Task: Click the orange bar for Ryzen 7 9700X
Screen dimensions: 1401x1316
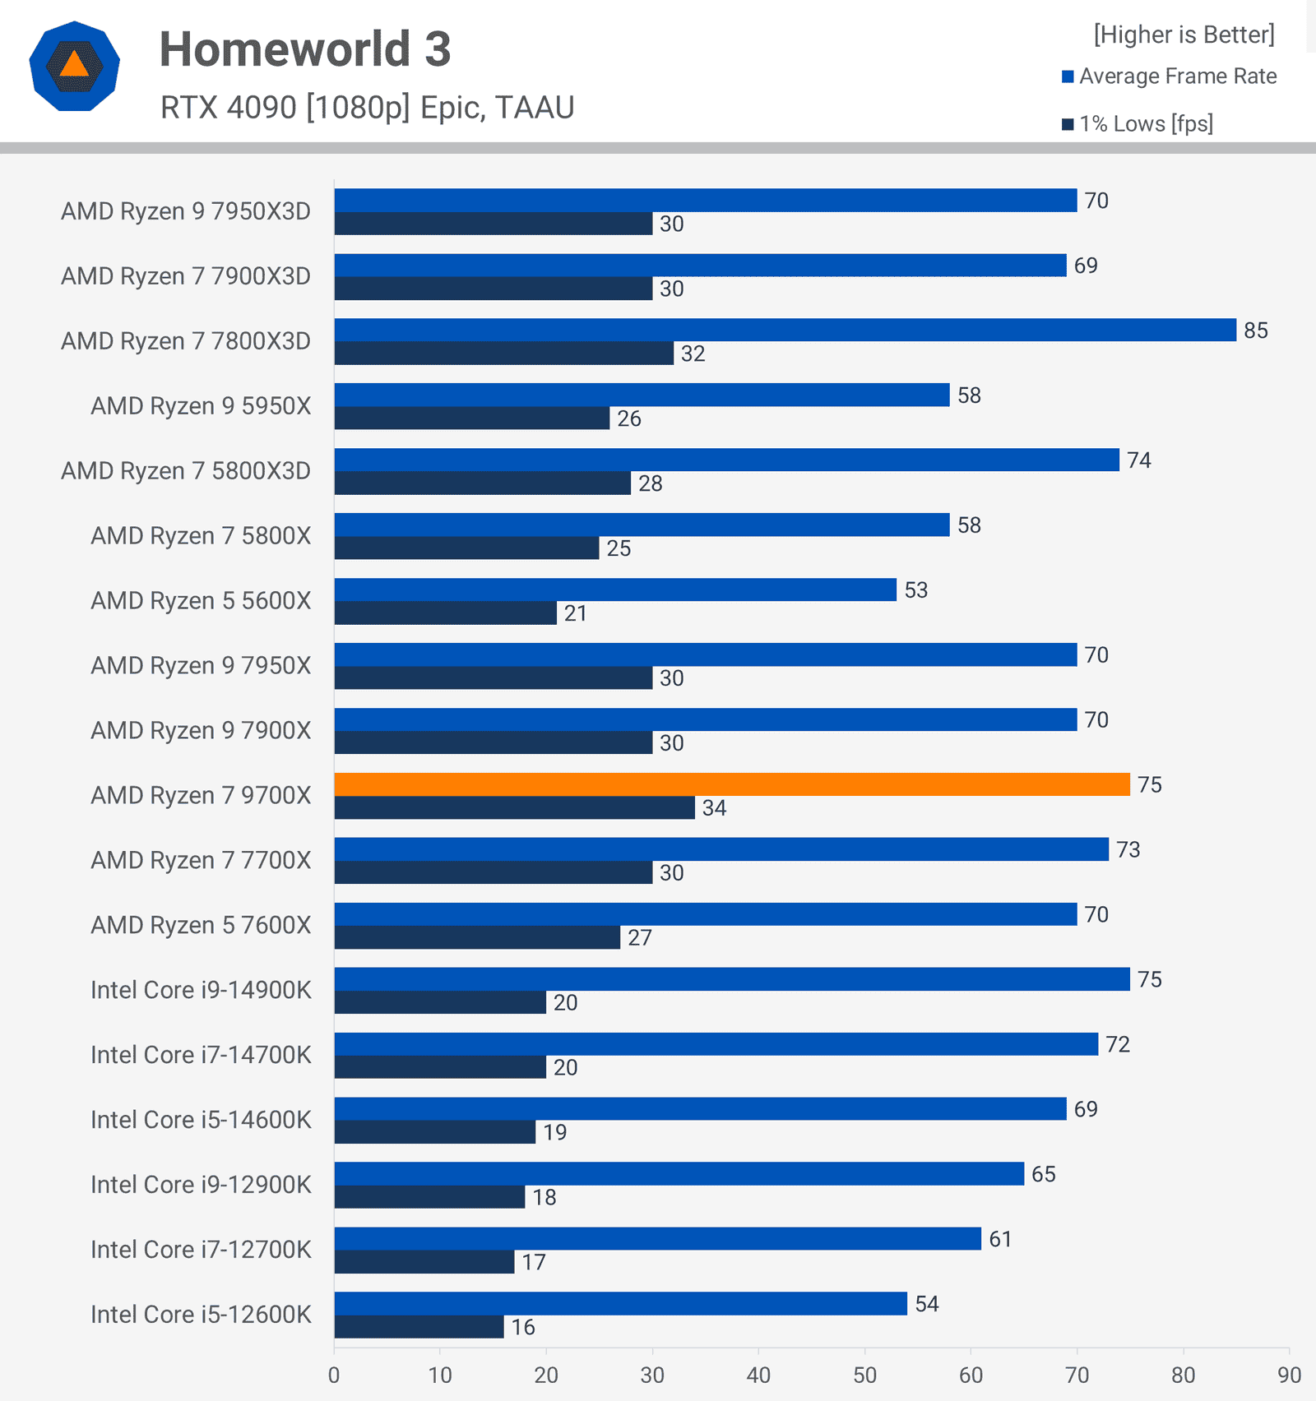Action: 732,784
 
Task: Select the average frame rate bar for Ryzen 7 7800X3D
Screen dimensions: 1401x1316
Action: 785,330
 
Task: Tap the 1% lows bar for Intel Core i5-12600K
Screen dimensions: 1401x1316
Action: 419,1327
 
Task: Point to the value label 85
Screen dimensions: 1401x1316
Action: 1256,331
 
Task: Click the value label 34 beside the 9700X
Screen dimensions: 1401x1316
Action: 714,808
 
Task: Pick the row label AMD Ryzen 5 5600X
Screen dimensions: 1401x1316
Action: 201,601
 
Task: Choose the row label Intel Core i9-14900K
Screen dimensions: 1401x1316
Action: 201,990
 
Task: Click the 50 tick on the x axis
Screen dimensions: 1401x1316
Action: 864,1376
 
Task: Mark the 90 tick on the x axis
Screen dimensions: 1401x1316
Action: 1289,1376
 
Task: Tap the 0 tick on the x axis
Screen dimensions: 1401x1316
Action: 334,1376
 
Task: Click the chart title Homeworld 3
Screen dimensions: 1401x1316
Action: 305,49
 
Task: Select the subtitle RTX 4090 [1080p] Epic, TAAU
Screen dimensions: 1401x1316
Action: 367,108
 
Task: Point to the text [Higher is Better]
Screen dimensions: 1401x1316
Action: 1184,35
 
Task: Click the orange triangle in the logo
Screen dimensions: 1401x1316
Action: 74,64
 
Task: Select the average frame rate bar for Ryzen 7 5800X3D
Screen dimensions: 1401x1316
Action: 726,460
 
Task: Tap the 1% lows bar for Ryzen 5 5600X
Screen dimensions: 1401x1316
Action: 445,613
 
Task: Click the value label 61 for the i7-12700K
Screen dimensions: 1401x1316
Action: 1000,1239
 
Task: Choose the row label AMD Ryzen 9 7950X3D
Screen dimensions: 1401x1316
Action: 186,212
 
